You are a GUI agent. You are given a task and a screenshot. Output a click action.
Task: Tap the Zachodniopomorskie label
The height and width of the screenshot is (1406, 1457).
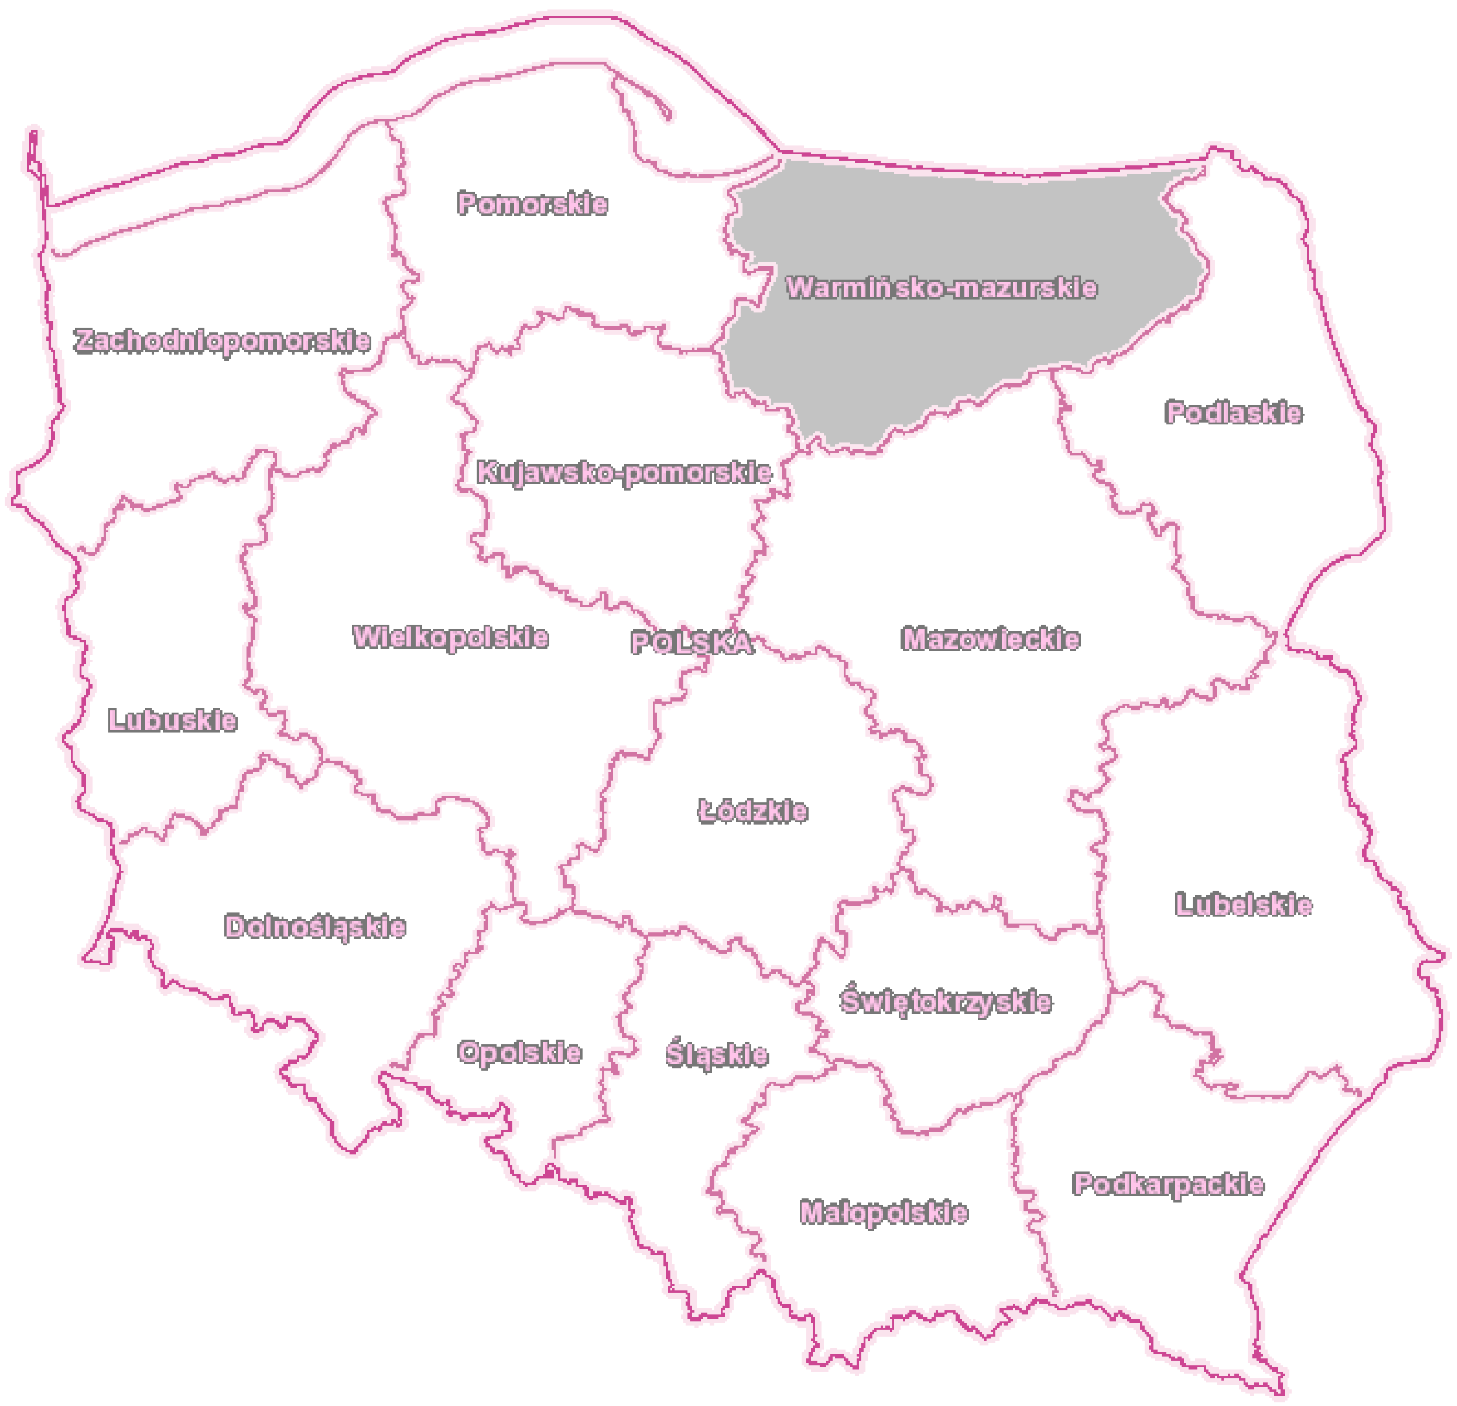click(x=223, y=341)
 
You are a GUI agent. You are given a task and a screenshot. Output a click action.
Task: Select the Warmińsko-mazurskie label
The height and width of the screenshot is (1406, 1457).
click(x=941, y=288)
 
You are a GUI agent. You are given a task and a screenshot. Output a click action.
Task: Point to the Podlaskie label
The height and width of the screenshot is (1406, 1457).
click(x=1233, y=412)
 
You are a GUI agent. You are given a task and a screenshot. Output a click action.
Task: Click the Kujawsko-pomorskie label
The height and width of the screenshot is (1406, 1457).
click(x=624, y=473)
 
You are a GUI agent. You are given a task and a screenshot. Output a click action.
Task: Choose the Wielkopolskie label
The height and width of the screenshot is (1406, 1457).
click(x=450, y=637)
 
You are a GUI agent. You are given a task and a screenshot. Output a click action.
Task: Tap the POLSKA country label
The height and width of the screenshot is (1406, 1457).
click(x=691, y=643)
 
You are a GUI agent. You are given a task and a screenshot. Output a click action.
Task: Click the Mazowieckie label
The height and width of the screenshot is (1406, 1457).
click(x=990, y=638)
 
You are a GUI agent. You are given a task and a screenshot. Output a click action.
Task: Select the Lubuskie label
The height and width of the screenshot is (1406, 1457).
click(x=172, y=720)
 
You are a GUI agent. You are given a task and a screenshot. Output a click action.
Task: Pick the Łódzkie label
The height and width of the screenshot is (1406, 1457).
click(x=752, y=811)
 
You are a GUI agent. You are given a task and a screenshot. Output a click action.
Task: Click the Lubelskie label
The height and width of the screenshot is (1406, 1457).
click(x=1243, y=904)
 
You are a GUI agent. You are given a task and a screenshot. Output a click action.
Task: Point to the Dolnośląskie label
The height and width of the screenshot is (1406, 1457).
click(x=315, y=927)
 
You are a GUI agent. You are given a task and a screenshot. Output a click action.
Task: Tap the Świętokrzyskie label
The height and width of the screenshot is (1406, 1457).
click(x=946, y=1001)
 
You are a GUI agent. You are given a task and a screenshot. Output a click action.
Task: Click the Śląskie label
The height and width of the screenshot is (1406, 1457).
click(x=716, y=1054)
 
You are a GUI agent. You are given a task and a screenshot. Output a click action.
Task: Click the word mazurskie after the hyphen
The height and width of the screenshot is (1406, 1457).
click(x=1025, y=288)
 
